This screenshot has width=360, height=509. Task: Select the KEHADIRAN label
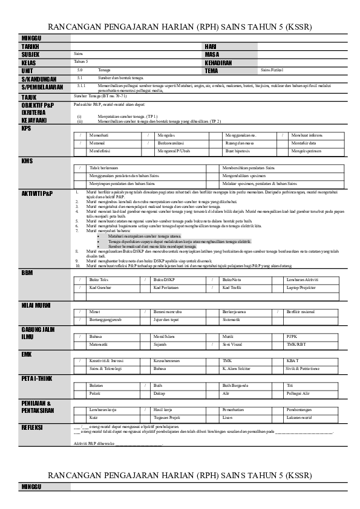click(218, 62)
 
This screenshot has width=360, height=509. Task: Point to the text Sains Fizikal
click(272, 70)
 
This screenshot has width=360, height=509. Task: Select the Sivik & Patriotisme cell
click(303, 368)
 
